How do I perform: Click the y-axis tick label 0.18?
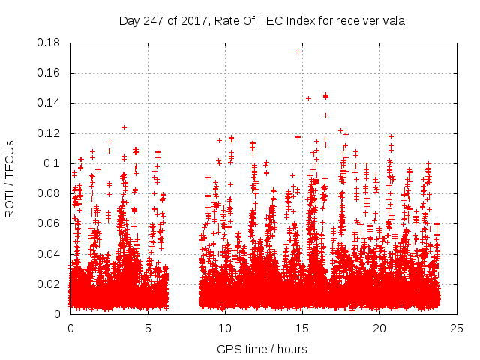pos(49,43)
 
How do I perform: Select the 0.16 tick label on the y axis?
pos(49,73)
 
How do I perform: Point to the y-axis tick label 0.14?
pos(49,103)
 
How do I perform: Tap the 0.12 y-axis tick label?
pos(49,133)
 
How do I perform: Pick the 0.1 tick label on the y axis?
pos(52,163)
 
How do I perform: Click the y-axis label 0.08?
pos(49,193)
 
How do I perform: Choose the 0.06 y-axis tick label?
pos(49,223)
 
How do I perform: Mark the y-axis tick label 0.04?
pos(49,253)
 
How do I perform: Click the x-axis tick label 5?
pos(148,328)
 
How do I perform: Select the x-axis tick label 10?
pos(225,328)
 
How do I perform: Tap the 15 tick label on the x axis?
pos(302,328)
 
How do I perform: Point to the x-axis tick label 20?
pos(379,328)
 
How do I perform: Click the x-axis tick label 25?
pos(457,328)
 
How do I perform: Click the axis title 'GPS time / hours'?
pos(262,349)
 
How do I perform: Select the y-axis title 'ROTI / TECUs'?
pos(10,178)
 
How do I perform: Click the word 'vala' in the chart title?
pos(393,21)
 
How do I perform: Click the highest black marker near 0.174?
pos(298,52)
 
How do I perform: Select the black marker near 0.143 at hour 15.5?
pos(308,98)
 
